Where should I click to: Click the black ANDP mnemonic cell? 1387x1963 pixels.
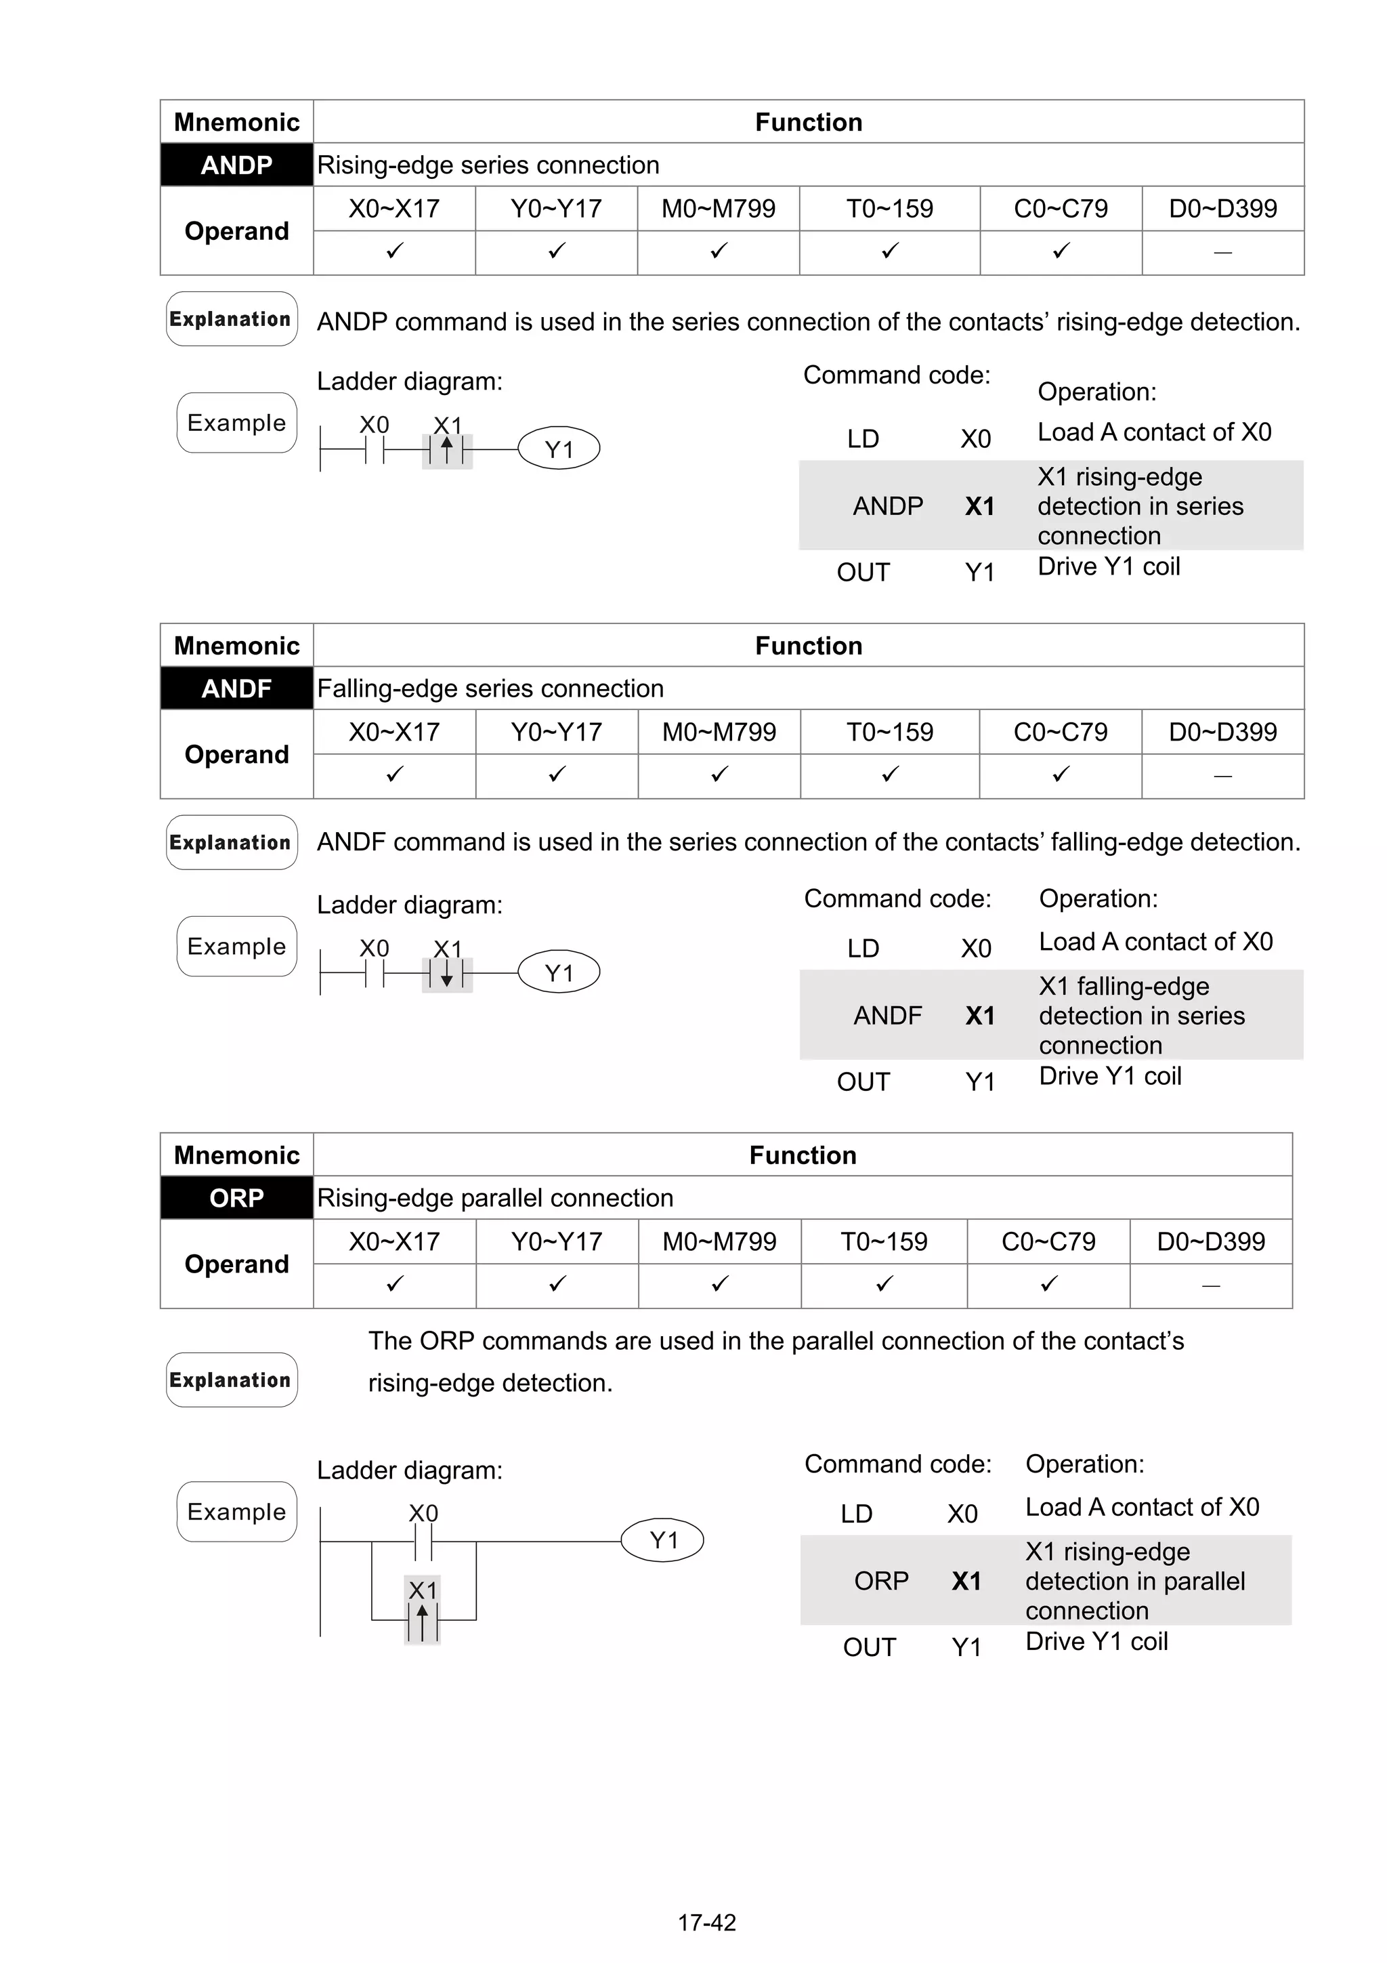[x=237, y=165]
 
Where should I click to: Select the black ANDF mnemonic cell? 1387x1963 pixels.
[x=237, y=688]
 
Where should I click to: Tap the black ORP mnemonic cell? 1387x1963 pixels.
[x=237, y=1198]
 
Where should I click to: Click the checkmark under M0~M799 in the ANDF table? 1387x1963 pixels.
[x=719, y=774]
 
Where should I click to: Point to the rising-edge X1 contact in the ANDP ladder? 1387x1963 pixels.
[x=447, y=450]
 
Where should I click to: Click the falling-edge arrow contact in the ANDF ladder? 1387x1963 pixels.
[x=447, y=974]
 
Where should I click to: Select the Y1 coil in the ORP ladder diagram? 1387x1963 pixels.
[x=663, y=1541]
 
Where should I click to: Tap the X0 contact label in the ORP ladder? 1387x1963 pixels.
[x=423, y=1513]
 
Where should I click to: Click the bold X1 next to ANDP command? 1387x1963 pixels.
[x=979, y=507]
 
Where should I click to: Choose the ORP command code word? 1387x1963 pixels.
[x=881, y=1581]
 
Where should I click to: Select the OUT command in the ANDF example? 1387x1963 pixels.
[x=863, y=1082]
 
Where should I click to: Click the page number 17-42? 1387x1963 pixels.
[x=707, y=1923]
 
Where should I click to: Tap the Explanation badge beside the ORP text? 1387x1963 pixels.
[x=232, y=1380]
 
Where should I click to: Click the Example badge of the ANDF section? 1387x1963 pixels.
[x=237, y=947]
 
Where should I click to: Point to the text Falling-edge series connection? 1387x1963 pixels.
[x=490, y=689]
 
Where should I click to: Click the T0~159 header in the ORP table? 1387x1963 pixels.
[x=884, y=1241]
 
